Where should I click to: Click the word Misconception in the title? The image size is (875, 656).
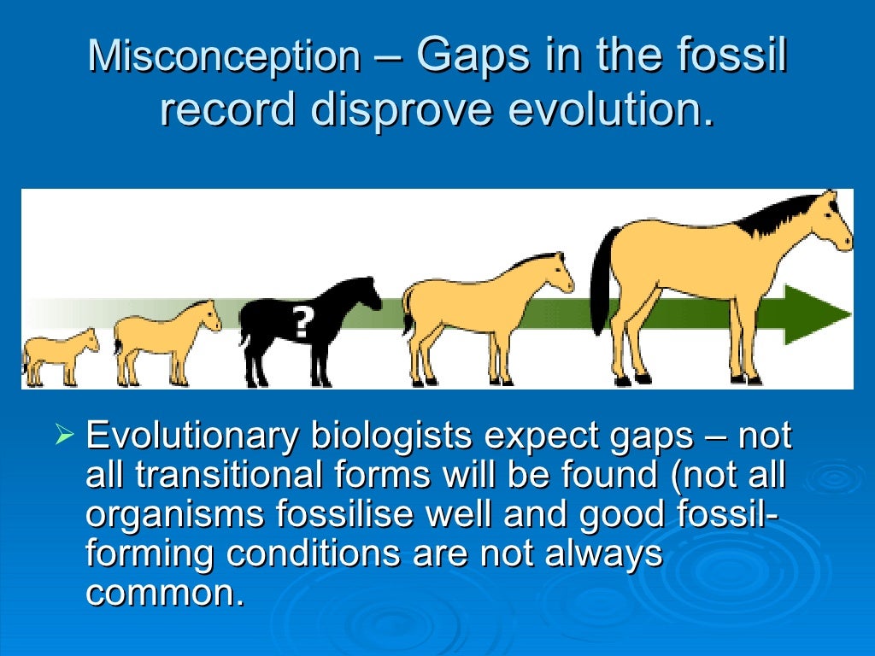[224, 57]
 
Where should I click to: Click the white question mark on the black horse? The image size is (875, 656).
[301, 322]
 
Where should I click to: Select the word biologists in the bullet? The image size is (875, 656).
[390, 436]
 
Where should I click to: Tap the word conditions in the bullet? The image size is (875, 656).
[313, 553]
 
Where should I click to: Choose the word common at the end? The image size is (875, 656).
[164, 593]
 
